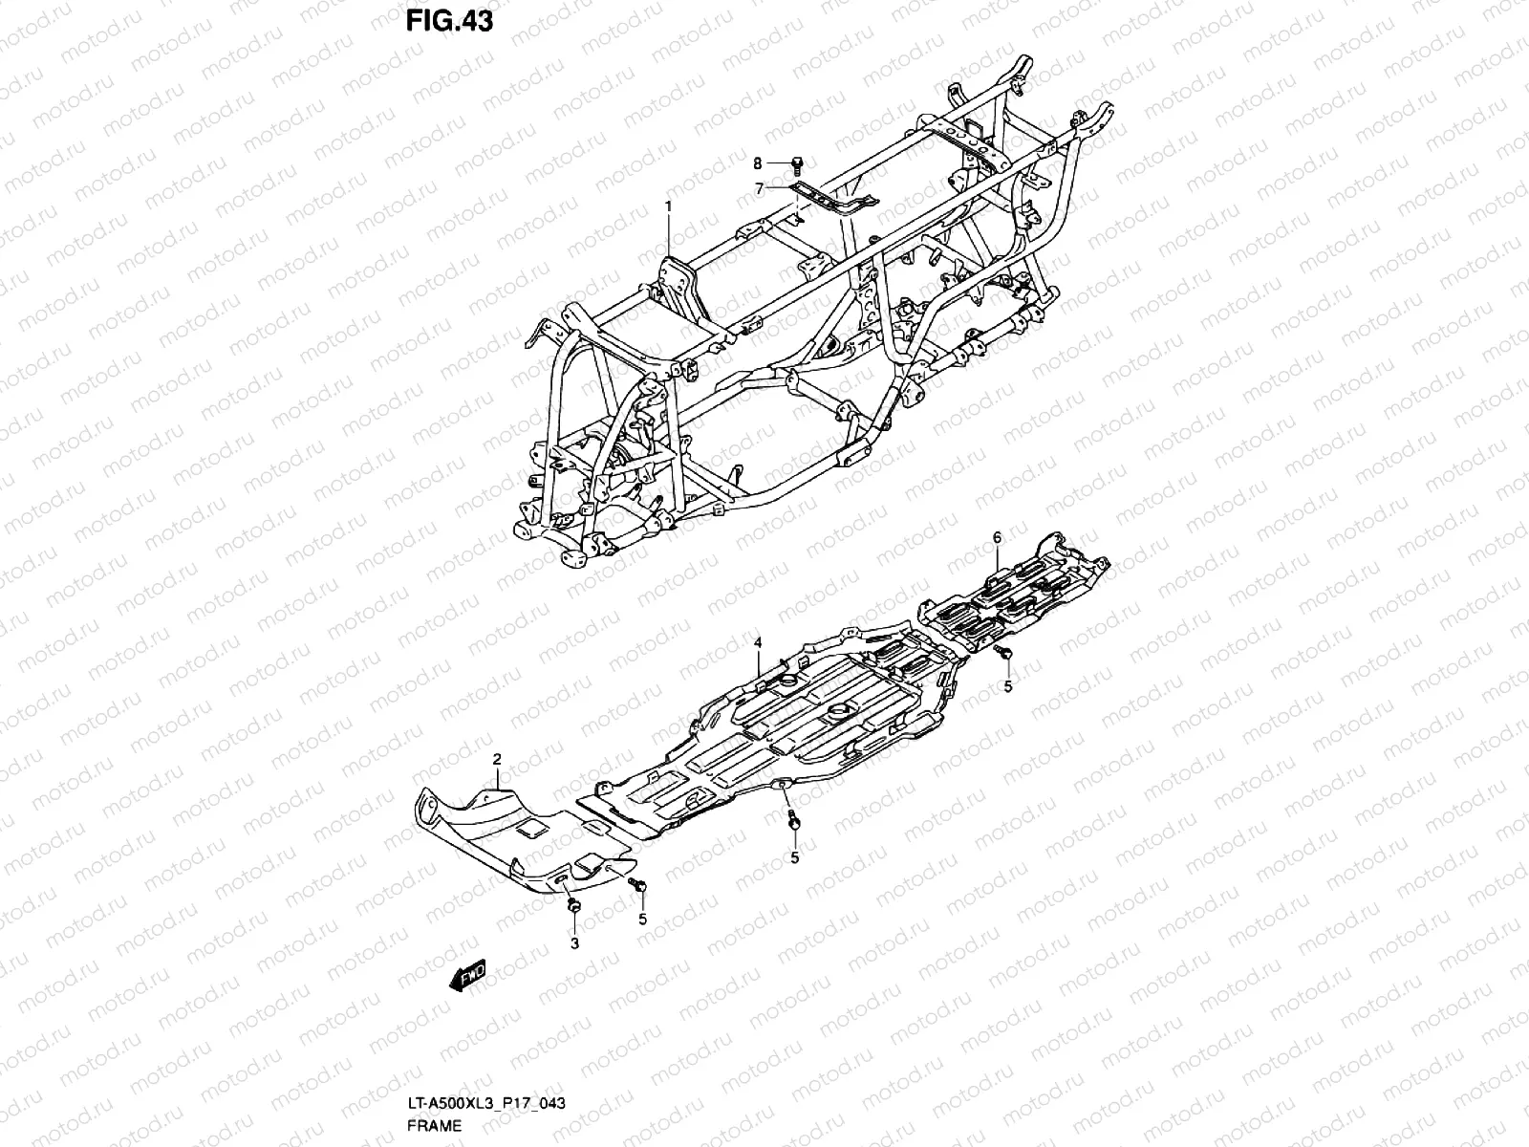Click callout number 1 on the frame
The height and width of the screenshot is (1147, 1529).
[669, 206]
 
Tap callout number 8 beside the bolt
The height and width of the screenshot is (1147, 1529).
[758, 163]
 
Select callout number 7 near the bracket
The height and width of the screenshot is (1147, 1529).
[760, 188]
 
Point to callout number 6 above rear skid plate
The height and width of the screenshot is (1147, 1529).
[996, 538]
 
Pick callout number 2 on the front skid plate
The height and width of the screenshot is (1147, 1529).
[497, 760]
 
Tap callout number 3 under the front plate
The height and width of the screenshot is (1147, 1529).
[574, 944]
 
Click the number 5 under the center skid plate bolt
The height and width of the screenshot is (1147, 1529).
[795, 858]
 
